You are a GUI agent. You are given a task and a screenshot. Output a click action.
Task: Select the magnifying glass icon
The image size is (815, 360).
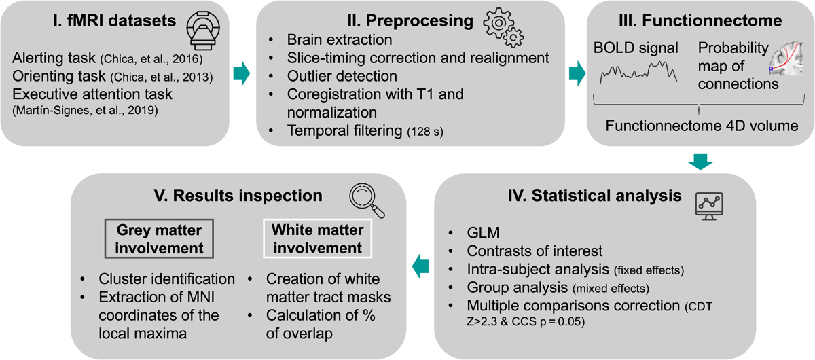coord(367,198)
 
